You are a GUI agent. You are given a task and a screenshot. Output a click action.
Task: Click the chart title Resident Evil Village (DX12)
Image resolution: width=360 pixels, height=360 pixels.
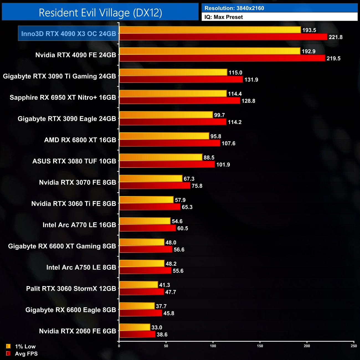point(100,13)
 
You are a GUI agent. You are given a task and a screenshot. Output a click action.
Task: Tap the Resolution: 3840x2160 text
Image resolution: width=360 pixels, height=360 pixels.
point(234,8)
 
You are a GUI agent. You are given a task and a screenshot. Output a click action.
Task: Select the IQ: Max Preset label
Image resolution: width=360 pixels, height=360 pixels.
point(223,17)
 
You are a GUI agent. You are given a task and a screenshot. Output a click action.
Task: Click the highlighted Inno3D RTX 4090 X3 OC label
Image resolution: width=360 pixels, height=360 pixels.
point(68,34)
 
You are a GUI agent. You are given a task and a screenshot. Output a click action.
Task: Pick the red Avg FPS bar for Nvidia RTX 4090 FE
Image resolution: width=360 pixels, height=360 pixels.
point(222,58)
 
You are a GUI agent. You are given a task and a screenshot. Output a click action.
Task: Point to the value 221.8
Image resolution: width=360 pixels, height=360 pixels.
point(335,37)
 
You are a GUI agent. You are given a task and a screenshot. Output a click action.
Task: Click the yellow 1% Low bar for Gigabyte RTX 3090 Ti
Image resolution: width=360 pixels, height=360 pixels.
point(173,72)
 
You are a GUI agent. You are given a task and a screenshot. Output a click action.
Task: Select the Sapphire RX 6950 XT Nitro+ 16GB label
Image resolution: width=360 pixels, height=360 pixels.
point(63,97)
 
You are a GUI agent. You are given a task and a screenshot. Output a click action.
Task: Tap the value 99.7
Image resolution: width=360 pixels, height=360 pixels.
point(219,115)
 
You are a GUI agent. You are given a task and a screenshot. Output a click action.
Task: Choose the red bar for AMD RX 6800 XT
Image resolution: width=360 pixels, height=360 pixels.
point(169,143)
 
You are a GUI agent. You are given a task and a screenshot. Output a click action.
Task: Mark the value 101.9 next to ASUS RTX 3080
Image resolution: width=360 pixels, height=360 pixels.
point(223,164)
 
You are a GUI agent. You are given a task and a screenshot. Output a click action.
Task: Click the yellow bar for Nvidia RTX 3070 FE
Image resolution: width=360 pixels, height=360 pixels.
point(151,179)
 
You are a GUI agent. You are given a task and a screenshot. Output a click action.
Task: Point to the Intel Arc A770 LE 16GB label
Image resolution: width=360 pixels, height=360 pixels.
point(79,225)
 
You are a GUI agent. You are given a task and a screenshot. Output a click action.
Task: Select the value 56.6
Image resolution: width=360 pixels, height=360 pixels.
point(179,250)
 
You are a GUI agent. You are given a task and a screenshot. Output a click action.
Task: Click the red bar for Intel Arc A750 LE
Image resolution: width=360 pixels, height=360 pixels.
point(145,271)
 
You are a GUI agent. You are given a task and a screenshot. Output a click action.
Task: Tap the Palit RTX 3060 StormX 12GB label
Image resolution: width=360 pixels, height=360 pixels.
point(71,289)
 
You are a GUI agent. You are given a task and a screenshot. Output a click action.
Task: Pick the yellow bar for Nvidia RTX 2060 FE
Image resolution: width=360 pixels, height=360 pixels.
point(135,327)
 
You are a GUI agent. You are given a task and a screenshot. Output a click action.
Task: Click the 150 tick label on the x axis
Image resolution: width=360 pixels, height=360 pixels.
point(260,346)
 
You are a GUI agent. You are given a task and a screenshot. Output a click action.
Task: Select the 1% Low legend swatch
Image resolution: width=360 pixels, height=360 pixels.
point(8,346)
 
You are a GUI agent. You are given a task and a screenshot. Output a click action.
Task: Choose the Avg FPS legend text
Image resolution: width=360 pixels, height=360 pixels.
point(26,354)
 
